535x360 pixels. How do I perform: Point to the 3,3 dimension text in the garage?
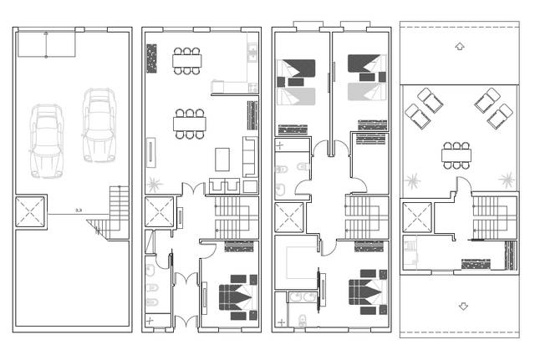[x=79, y=210]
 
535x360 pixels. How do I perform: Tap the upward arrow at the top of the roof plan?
[x=457, y=47]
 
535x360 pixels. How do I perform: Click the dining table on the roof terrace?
[x=457, y=153]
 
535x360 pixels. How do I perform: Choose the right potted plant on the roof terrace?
[x=504, y=178]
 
